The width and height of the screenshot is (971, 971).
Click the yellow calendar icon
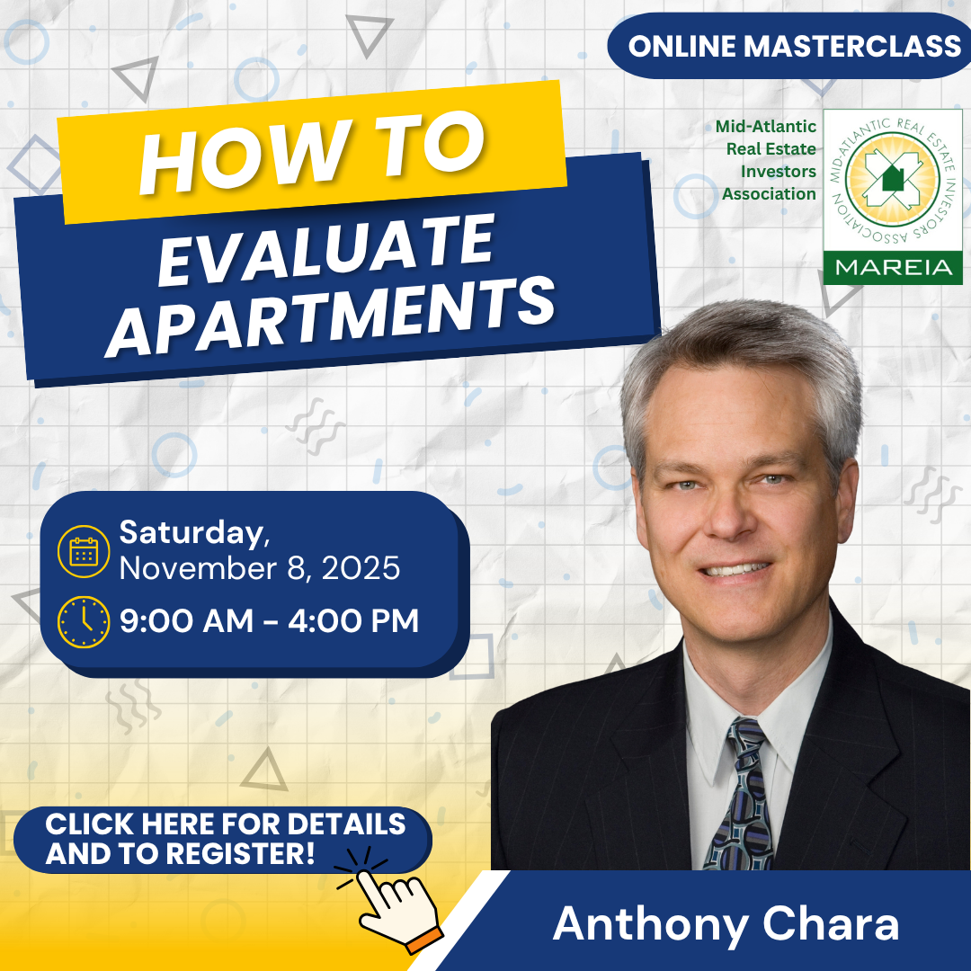tap(84, 551)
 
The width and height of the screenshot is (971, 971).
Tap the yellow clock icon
tap(84, 622)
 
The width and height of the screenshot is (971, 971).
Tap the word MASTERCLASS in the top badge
tap(851, 46)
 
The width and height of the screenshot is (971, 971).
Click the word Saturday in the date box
tap(193, 533)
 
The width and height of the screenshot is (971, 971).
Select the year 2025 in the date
tap(361, 568)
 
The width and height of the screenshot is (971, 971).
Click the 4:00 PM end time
tap(353, 620)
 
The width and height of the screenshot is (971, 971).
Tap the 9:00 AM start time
tap(186, 620)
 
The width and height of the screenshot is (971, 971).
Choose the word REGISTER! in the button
tap(241, 853)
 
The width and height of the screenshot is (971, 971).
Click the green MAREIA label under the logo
tap(894, 268)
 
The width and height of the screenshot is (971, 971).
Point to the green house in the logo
tap(893, 178)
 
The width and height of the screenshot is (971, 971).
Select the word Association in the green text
tap(769, 194)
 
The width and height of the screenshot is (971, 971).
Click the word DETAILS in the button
tap(346, 824)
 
